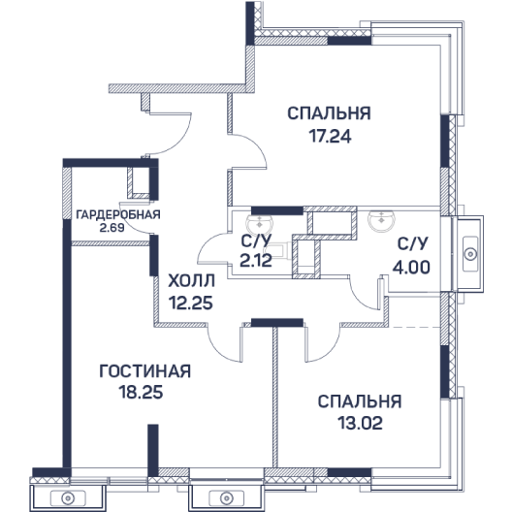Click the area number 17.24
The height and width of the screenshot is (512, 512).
330,136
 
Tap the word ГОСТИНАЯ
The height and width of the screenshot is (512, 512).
145,371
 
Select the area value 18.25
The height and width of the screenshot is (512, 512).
141,392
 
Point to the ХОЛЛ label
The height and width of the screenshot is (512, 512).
191,280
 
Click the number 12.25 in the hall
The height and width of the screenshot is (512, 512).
191,303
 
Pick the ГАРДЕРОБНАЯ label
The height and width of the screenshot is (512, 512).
118,214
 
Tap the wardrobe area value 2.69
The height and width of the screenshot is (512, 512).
112,228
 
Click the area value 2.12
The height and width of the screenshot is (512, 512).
256,261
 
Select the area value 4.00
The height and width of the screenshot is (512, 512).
411,268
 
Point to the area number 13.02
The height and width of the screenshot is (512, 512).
360,423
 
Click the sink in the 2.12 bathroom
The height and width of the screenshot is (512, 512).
260,223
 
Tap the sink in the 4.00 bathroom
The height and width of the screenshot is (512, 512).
381,220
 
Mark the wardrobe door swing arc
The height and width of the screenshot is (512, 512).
128,224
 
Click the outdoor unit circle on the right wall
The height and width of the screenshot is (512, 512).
470,254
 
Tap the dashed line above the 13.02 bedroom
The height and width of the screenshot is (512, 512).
415,327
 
